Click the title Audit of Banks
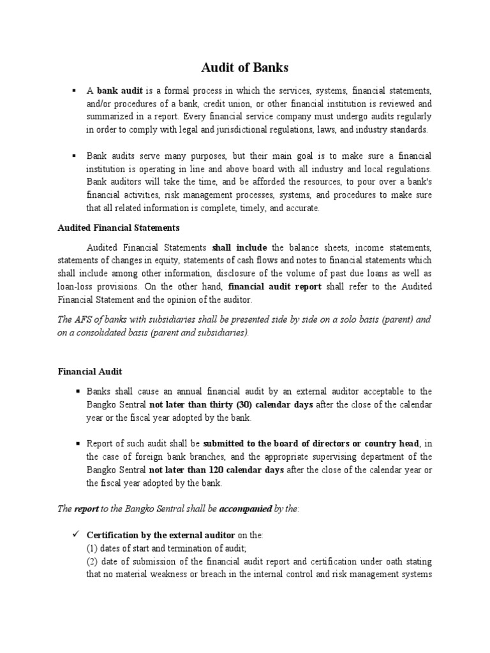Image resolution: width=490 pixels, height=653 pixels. (244, 68)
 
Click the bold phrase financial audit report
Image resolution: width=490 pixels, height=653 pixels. (274, 286)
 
